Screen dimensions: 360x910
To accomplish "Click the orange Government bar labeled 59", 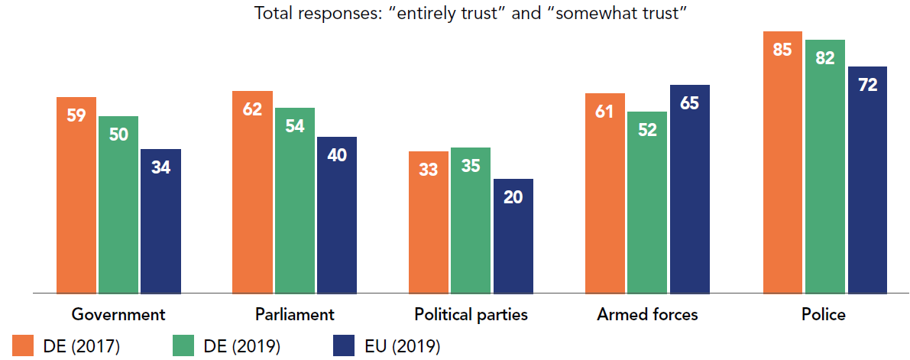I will pyautogui.click(x=76, y=195).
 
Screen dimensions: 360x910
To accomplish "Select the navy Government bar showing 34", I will pyautogui.click(x=160, y=221).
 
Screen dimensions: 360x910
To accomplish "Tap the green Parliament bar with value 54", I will pyautogui.click(x=295, y=200).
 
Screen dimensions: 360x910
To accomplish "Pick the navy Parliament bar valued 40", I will pyautogui.click(x=337, y=215).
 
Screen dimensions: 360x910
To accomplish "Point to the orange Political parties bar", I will pyautogui.click(x=429, y=222).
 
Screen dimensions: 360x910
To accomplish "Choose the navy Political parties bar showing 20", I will pyautogui.click(x=513, y=236).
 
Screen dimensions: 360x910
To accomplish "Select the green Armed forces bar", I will pyautogui.click(x=647, y=203).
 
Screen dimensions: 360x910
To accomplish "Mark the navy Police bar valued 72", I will pyautogui.click(x=866, y=180).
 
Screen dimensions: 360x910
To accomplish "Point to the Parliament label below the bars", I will pyautogui.click(x=295, y=314).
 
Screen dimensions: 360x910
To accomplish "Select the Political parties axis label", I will pyautogui.click(x=471, y=314).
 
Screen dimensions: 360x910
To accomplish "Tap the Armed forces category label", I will pyautogui.click(x=647, y=314).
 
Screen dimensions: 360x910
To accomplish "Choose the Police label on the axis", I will pyautogui.click(x=824, y=314).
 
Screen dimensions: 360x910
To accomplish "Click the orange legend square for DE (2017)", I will pyautogui.click(x=24, y=345).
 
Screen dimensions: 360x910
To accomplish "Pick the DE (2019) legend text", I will pyautogui.click(x=243, y=346).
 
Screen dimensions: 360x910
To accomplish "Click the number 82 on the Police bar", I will pyautogui.click(x=824, y=57).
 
